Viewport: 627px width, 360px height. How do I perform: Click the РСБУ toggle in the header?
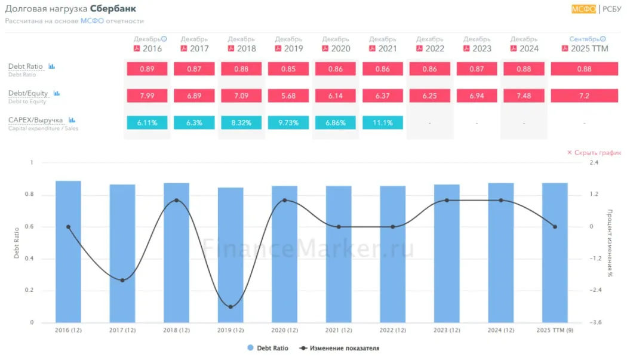[612, 8]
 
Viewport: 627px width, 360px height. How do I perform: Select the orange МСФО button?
[583, 8]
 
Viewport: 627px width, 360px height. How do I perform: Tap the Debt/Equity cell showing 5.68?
[288, 96]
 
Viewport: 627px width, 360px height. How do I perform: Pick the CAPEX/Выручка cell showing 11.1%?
[382, 122]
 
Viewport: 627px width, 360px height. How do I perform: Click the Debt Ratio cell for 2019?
[288, 69]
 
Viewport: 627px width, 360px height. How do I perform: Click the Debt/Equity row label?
[28, 93]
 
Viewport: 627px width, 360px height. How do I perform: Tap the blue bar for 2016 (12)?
[68, 251]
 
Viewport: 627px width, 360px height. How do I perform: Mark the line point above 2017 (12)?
[122, 280]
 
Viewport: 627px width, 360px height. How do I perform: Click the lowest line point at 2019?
[230, 307]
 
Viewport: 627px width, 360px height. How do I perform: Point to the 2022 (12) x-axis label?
[392, 330]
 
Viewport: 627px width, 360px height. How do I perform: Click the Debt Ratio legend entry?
[269, 348]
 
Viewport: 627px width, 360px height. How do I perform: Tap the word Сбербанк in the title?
[113, 9]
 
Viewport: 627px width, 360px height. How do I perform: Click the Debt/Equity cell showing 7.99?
[147, 96]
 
